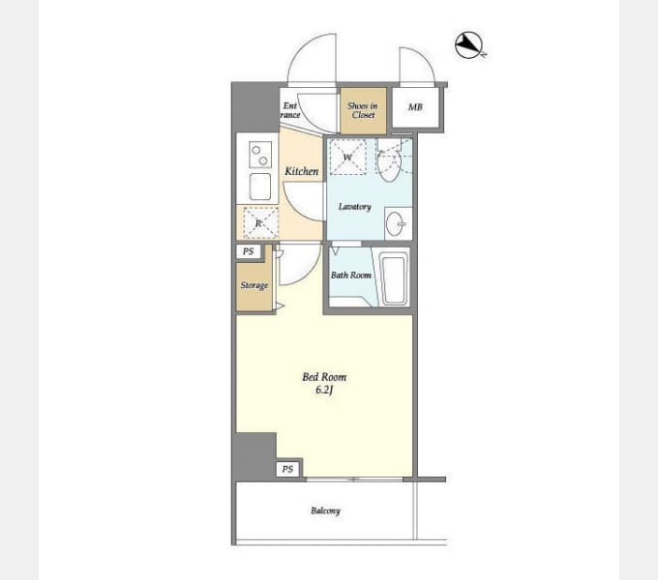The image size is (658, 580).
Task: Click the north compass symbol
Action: (470, 44)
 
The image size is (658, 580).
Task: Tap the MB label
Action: (415, 107)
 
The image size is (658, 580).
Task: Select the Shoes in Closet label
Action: (363, 110)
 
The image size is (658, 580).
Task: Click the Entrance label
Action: (290, 110)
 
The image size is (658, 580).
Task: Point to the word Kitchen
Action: (301, 171)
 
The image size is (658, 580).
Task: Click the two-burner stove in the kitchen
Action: (260, 155)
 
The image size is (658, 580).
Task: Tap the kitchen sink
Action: (260, 187)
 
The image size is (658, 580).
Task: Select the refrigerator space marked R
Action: (260, 223)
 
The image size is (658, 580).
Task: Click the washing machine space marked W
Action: (347, 158)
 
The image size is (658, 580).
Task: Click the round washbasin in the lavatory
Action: (395, 224)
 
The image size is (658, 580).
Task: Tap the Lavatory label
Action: (354, 207)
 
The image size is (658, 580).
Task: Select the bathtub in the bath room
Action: (394, 277)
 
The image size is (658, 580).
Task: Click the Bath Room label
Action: (351, 275)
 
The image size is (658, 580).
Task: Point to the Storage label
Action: (254, 286)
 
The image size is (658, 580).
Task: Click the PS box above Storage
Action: (249, 251)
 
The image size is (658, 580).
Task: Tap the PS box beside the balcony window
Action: (288, 469)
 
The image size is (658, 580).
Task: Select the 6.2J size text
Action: (324, 391)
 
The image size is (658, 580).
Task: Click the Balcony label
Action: (326, 510)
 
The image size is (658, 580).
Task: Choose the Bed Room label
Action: (324, 377)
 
